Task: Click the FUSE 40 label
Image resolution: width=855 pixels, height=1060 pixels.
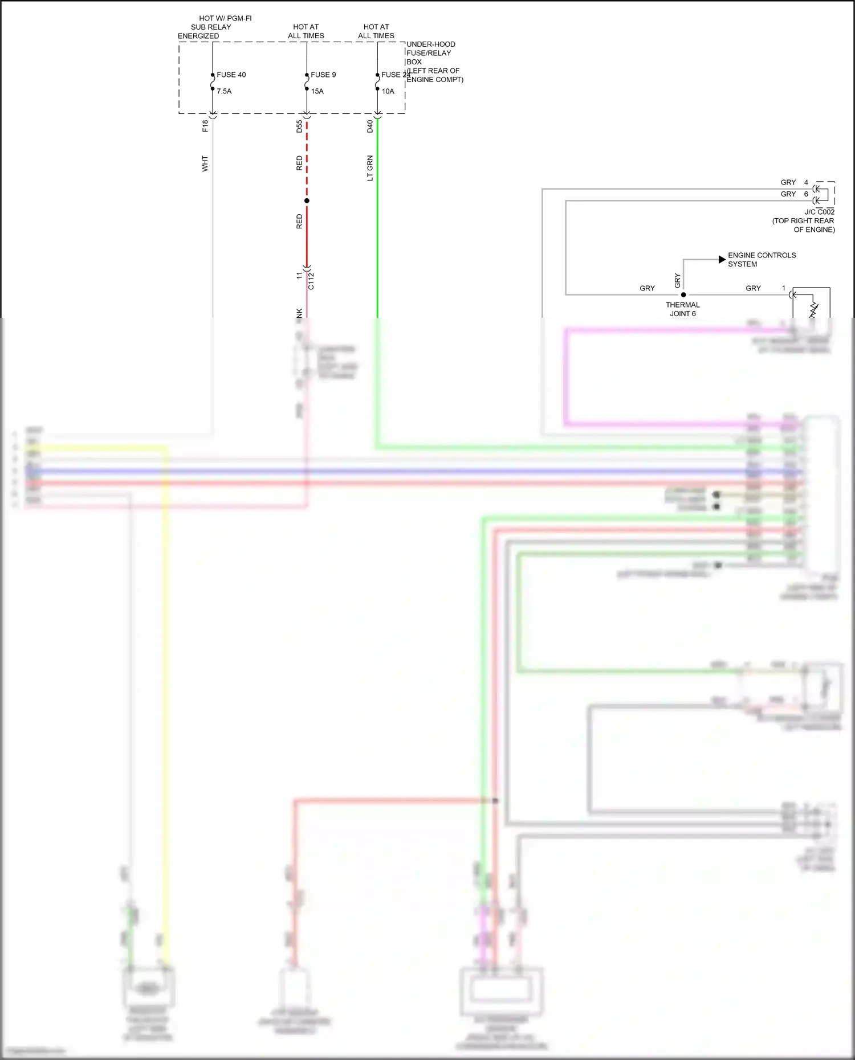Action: click(x=231, y=75)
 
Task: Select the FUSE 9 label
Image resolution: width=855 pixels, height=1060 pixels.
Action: click(x=323, y=75)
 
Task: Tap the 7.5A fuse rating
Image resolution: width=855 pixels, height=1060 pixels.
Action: click(x=224, y=91)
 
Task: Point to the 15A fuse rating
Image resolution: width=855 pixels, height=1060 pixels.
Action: click(x=317, y=91)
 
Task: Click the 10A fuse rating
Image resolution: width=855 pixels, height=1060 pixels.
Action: click(x=388, y=91)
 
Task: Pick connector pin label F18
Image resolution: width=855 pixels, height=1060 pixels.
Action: click(x=205, y=126)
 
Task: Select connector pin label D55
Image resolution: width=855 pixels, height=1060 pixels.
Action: click(x=299, y=126)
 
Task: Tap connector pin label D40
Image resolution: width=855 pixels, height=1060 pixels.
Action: click(x=370, y=126)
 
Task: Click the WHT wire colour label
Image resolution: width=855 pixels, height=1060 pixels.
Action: click(x=205, y=163)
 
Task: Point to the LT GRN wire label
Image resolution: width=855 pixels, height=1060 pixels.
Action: click(x=370, y=168)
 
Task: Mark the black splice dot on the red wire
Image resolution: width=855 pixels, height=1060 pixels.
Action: click(x=307, y=200)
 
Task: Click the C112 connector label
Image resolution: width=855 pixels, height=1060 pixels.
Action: click(x=311, y=281)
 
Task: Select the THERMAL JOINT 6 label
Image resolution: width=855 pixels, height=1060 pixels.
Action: click(x=682, y=309)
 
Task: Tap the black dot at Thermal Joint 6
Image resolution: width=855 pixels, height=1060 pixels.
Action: click(x=683, y=294)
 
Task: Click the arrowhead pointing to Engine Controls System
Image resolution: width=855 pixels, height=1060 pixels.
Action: click(x=722, y=259)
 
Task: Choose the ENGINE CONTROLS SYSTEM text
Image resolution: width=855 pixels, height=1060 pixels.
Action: click(x=762, y=260)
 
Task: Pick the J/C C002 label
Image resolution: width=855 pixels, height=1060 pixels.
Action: click(x=819, y=212)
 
